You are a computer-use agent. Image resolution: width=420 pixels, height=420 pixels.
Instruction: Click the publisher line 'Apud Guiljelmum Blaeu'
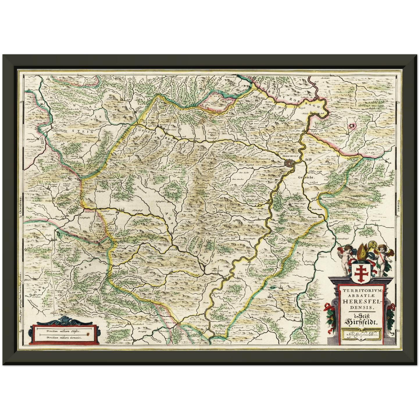(x=361, y=335)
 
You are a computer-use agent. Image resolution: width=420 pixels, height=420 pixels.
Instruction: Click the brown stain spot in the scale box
(x=86, y=336)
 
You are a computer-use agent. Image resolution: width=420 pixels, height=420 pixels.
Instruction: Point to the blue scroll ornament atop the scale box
(x=63, y=321)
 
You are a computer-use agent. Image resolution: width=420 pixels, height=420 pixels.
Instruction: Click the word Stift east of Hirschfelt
(x=308, y=160)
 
